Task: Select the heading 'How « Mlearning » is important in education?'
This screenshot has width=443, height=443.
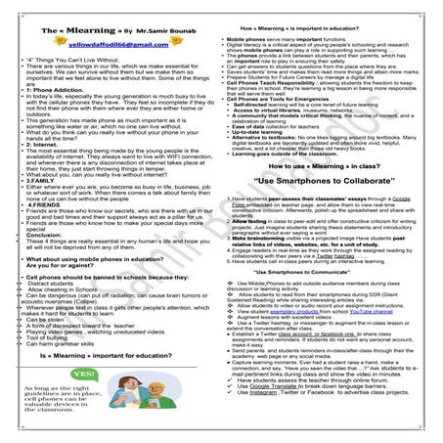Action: click(323, 11)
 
